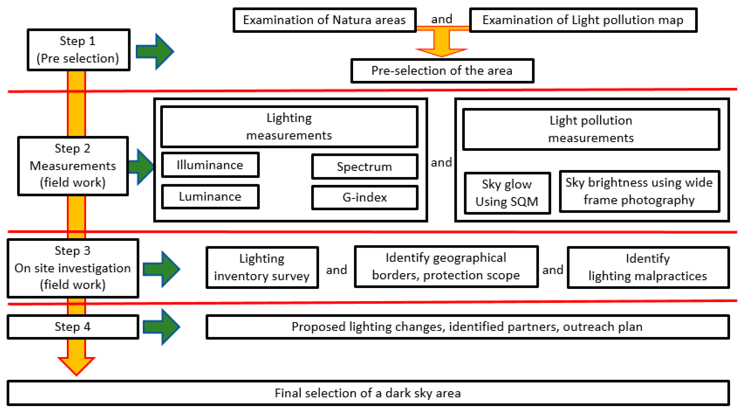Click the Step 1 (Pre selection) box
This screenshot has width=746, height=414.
[x=78, y=50]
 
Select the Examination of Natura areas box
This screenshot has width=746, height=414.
[x=324, y=20]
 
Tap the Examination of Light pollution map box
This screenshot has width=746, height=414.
[x=583, y=20]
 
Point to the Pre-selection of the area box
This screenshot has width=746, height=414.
[x=442, y=71]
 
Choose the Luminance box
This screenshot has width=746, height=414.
[x=210, y=197]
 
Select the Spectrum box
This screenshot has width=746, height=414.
[x=365, y=167]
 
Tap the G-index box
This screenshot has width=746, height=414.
[x=365, y=198]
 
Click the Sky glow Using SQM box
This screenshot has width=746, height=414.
[x=507, y=193]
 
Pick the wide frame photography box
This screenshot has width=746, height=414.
[x=639, y=191]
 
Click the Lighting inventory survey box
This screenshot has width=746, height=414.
[x=262, y=267]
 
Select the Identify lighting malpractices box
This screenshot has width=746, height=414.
[x=648, y=267]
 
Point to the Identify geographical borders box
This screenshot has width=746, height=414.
[x=446, y=266]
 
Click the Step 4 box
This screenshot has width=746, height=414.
[x=73, y=327]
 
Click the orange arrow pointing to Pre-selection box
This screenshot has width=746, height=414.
[x=442, y=44]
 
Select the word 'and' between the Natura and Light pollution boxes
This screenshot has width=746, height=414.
[x=442, y=19]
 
